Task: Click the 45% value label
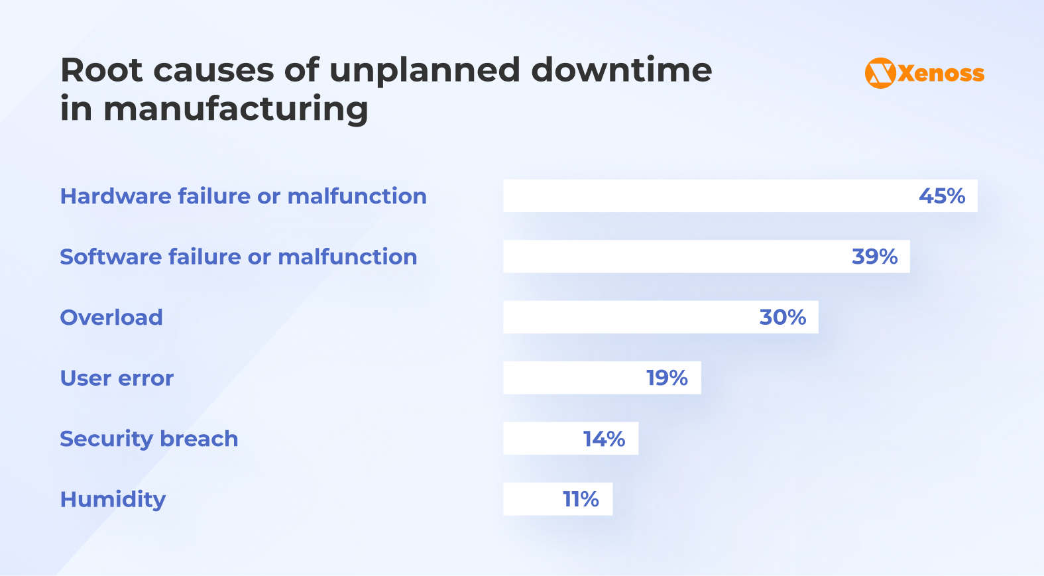coord(941,196)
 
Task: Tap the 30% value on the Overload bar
coord(782,317)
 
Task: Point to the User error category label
coord(117,378)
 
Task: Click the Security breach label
coord(148,439)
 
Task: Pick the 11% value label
coord(581,499)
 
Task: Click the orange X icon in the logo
coord(880,73)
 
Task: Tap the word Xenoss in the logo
coord(941,74)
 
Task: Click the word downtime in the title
coord(621,70)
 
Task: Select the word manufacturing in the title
coord(235,109)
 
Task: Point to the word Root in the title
coord(101,70)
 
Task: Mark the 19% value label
coord(667,378)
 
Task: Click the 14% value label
coord(604,439)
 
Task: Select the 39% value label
coord(874,257)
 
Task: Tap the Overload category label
coord(111,317)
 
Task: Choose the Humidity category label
coord(113,499)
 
